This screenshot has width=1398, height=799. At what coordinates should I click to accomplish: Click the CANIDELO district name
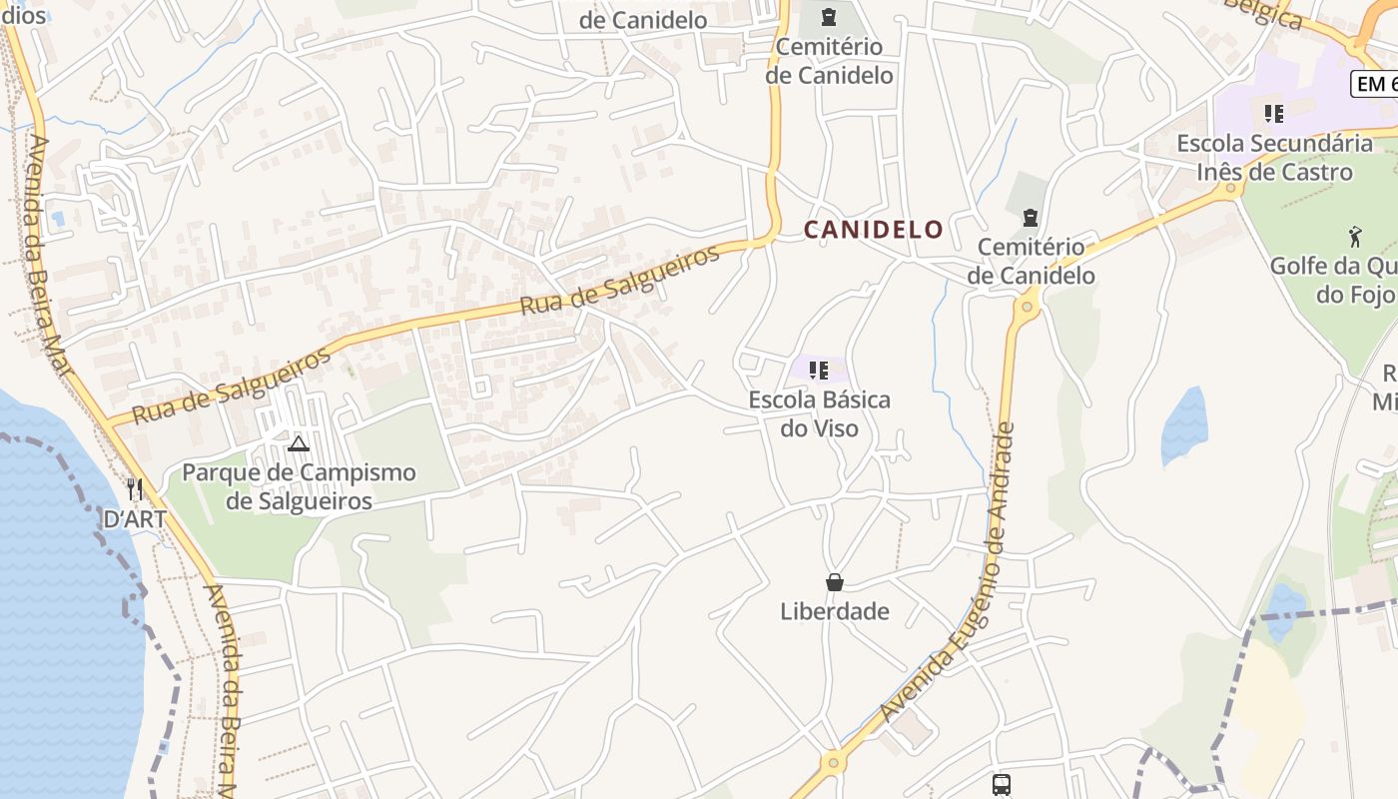(874, 230)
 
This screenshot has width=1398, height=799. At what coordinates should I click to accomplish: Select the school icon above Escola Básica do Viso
(819, 372)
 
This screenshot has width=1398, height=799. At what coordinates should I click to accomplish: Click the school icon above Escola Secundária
(1273, 114)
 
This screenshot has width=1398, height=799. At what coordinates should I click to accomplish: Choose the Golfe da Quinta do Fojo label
(1333, 281)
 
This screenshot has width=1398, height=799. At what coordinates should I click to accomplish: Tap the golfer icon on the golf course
(1355, 237)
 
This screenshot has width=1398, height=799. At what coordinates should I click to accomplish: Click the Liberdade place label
(835, 611)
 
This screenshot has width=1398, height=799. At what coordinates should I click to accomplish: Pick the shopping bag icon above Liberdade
(835, 582)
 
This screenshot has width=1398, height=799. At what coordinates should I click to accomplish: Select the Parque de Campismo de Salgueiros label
(299, 486)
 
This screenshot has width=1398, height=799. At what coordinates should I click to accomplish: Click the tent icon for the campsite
(298, 443)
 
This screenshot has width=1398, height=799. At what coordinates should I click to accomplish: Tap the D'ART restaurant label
(135, 519)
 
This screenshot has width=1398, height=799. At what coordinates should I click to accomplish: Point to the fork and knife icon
(135, 489)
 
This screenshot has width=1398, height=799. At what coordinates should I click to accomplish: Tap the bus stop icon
(1002, 784)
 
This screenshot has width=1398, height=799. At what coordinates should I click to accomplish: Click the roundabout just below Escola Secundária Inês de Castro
(1231, 188)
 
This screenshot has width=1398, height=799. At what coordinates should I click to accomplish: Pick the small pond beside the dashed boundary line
(1284, 601)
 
